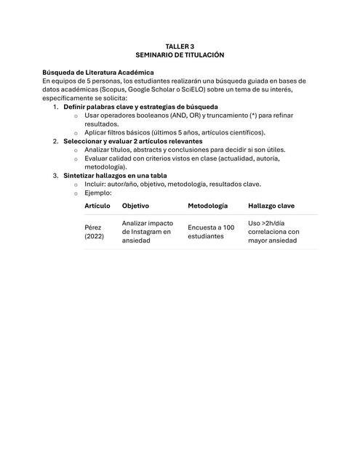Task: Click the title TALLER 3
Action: [x=180, y=46]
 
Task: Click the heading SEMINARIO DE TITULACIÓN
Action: [x=180, y=54]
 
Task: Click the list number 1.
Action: [x=56, y=107]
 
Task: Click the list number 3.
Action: [x=56, y=175]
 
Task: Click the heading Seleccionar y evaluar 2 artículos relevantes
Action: [x=132, y=141]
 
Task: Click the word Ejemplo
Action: [x=97, y=193]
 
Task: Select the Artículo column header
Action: [x=97, y=206]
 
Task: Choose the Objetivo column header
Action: [x=135, y=206]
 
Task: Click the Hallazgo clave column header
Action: [x=271, y=206]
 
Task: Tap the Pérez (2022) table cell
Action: [x=95, y=232]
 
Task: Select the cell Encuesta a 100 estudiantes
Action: [x=210, y=232]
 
